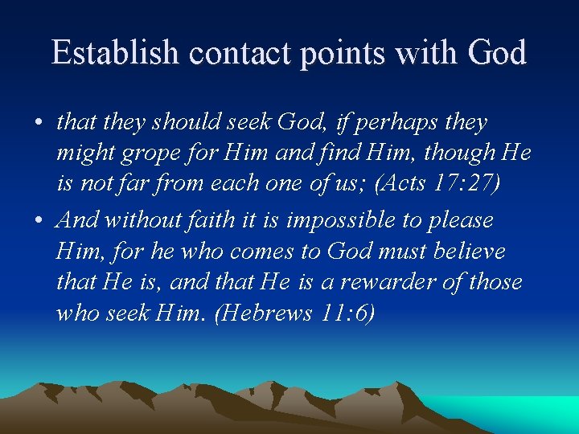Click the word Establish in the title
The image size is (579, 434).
tap(115, 53)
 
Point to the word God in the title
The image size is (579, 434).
tap(495, 53)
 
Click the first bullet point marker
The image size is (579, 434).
tap(39, 124)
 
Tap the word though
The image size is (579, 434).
tap(457, 154)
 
